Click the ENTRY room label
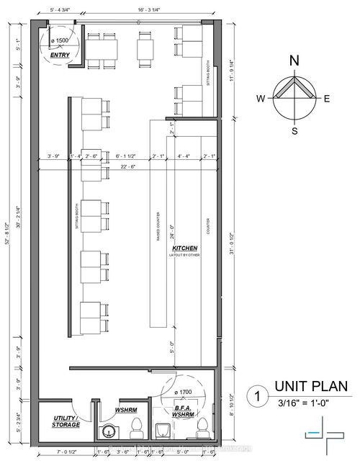(60, 54)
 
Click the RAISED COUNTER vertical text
(158, 227)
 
